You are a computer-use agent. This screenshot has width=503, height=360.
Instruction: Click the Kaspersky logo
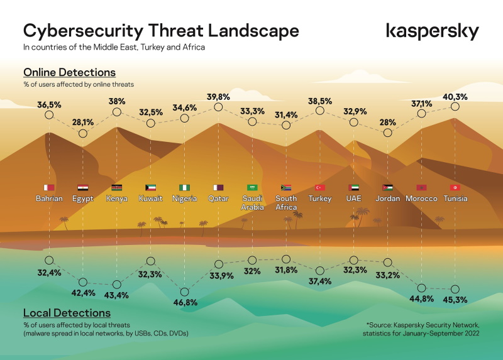pyautogui.click(x=432, y=31)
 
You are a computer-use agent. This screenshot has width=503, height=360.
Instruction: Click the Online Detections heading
pyautogui.click(x=69, y=72)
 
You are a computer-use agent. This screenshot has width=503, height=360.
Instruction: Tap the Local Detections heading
pyautogui.click(x=67, y=313)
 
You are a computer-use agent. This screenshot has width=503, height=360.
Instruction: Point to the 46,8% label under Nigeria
pyautogui.click(x=185, y=302)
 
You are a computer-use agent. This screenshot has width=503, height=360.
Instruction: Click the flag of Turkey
pyautogui.click(x=320, y=187)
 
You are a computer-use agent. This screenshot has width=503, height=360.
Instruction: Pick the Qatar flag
pyautogui.click(x=218, y=187)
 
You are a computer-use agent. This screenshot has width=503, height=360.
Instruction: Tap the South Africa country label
pyautogui.click(x=286, y=203)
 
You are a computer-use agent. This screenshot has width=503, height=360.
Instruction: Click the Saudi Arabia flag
pyautogui.click(x=252, y=187)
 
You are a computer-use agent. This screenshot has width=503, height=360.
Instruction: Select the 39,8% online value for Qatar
pyautogui.click(x=218, y=96)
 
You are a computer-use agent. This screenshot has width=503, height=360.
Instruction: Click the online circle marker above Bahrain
pyautogui.click(x=49, y=115)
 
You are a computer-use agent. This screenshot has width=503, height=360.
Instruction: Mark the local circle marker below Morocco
pyautogui.click(x=421, y=288)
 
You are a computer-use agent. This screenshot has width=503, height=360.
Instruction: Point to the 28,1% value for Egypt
pyautogui.click(x=83, y=123)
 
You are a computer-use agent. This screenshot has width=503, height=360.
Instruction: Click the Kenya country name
pyautogui.click(x=117, y=199)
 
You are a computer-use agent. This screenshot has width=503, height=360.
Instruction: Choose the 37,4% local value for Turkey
pyautogui.click(x=320, y=281)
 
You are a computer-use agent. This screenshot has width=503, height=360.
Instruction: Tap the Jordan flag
pyautogui.click(x=387, y=187)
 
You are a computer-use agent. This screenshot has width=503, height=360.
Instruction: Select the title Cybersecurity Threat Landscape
pyautogui.click(x=161, y=31)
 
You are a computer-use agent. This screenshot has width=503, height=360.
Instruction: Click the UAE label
pyautogui.click(x=353, y=199)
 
